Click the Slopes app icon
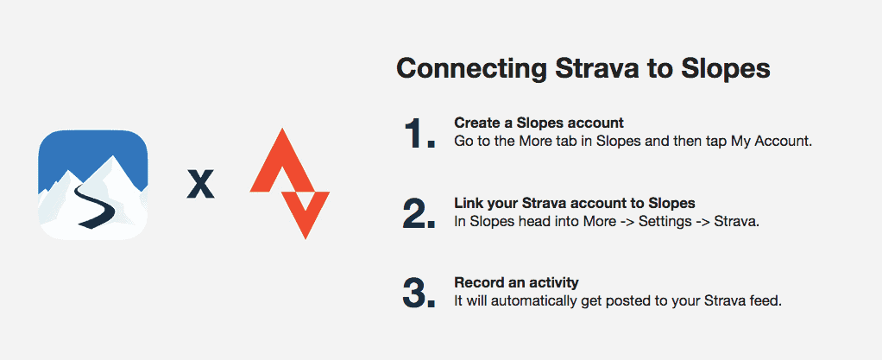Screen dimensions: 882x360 click(93, 185)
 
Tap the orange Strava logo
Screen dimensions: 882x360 click(289, 184)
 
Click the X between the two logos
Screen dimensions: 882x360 click(201, 185)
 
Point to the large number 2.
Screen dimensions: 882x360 click(419, 213)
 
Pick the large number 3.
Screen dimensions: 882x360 click(419, 293)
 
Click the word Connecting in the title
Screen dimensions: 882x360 click(471, 69)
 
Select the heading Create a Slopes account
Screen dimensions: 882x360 click(539, 122)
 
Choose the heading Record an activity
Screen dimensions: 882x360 click(516, 281)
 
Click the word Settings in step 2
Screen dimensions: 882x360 click(665, 222)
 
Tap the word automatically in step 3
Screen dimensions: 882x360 click(510, 301)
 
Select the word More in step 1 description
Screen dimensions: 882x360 click(520, 142)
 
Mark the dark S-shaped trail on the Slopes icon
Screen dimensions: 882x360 click(97, 205)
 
